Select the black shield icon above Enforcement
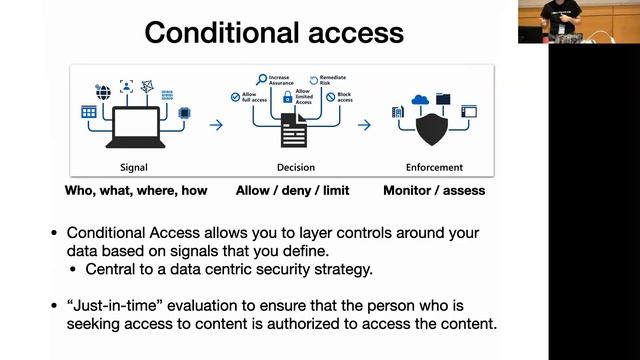(433, 126)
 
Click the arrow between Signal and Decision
(216, 125)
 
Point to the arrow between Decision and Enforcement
(365, 125)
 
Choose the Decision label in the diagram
(291, 167)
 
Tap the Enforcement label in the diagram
(434, 167)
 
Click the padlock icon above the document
(287, 98)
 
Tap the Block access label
(344, 96)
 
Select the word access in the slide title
(350, 33)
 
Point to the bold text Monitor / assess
(433, 190)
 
